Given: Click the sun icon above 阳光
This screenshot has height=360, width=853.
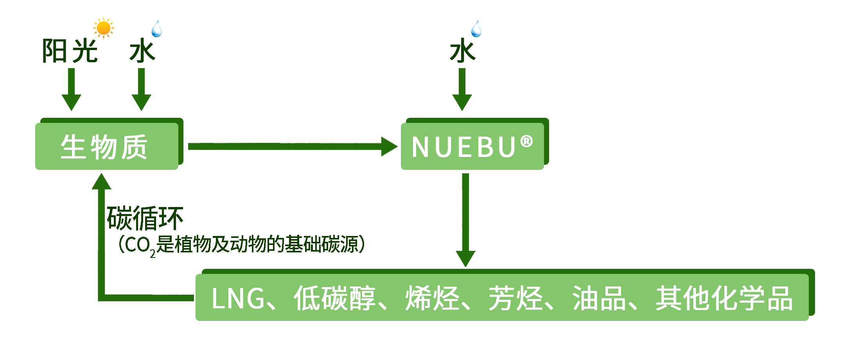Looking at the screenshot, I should [x=103, y=28].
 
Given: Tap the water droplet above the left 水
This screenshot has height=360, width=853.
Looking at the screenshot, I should [x=156, y=29].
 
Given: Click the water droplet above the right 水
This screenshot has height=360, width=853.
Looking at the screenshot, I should [x=476, y=29].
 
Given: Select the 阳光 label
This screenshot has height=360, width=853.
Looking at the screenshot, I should [x=70, y=51].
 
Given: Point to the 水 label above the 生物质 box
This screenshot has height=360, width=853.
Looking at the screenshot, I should [x=142, y=51].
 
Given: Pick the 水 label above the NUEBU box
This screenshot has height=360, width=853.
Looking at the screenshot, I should [x=463, y=51].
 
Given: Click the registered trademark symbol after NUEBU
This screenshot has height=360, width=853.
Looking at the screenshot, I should [x=526, y=141].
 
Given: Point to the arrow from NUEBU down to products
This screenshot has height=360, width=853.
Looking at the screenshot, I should [x=465, y=219].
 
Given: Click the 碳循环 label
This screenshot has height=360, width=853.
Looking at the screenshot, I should [x=145, y=218].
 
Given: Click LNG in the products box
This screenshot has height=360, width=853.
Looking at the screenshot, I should [x=238, y=299].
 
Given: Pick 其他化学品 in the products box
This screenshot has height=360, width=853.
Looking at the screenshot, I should [x=724, y=299].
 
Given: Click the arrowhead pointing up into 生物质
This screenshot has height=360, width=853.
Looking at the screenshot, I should [x=102, y=182].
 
